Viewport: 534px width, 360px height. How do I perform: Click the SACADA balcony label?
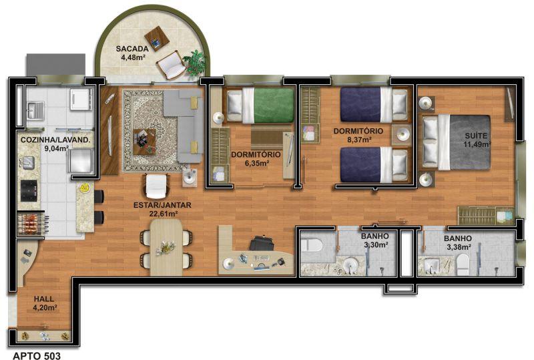coord(132,49)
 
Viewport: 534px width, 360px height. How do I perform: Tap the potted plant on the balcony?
coord(195,62)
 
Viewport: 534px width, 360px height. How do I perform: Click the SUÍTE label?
coord(476,136)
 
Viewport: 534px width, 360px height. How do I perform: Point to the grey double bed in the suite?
coord(457,142)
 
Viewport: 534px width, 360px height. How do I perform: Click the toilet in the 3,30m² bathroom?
coord(311,244)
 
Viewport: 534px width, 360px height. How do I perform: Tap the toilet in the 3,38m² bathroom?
coord(463,264)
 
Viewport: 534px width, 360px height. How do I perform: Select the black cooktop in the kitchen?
coord(29,190)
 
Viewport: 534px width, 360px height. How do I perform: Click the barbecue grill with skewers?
coord(31,222)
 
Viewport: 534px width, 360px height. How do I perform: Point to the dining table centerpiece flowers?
coord(166,248)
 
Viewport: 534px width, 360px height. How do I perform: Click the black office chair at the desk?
coord(262,243)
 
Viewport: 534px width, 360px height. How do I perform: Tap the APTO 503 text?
coord(37,356)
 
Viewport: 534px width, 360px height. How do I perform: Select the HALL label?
coord(44,299)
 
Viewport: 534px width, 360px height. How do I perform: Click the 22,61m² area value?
coord(163,214)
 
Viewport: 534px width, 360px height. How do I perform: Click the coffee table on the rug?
coord(144,142)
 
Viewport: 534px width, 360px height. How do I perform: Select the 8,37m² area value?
coord(358,139)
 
